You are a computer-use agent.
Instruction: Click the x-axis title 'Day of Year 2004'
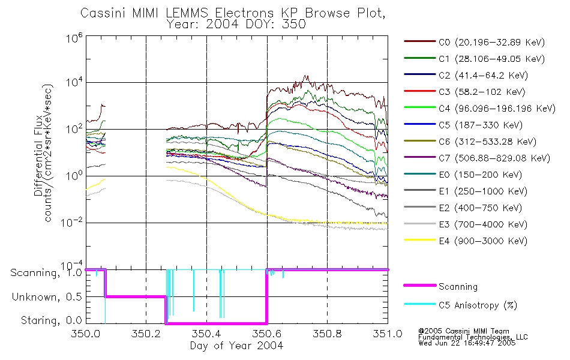point(236,346)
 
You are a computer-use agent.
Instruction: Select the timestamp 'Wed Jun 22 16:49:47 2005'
point(467,343)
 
